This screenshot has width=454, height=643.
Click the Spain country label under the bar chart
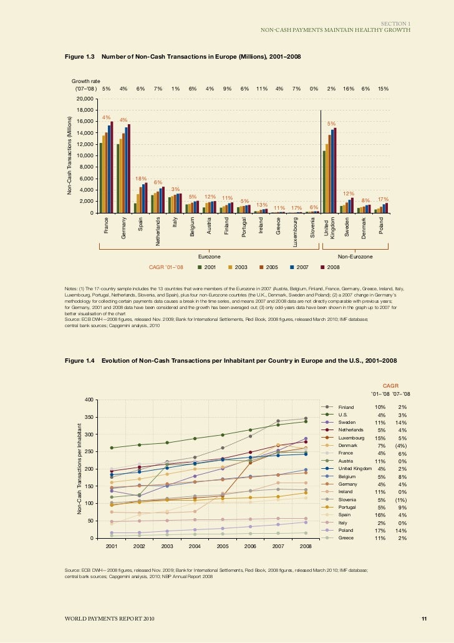click(x=140, y=223)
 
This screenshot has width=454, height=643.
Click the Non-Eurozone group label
click(x=353, y=256)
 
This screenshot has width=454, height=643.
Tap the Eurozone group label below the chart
click(x=208, y=256)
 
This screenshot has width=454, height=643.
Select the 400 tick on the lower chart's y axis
click(x=89, y=400)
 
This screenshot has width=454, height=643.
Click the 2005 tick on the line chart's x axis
click(x=223, y=546)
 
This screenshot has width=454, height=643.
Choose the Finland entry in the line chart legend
click(x=345, y=406)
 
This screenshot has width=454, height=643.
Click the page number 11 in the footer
click(x=423, y=619)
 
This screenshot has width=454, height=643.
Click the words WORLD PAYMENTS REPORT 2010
click(x=102, y=619)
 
